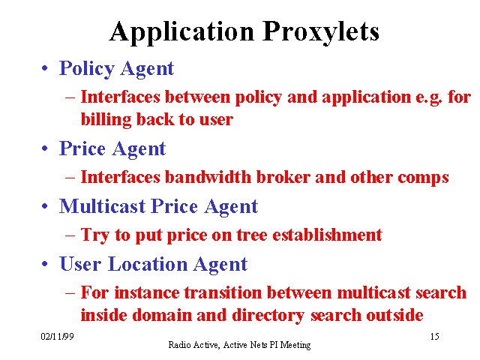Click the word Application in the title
181,32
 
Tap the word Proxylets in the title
321,32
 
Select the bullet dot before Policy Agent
45,68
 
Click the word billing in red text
106,119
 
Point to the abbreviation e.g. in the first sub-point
429,98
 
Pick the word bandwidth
208,177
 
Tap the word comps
423,178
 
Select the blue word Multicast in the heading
102,206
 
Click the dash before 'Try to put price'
70,235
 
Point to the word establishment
327,235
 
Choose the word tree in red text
252,235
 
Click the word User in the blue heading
80,264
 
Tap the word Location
148,264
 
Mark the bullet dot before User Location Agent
45,264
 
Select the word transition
223,292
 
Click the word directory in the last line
268,316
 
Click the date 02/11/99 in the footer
57,337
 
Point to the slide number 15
435,337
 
